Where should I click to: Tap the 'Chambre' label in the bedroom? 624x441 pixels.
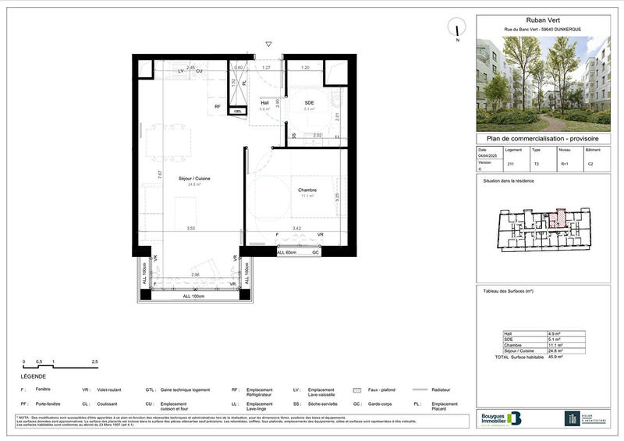pos(306,190)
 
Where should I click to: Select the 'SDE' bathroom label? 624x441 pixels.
pos(309,103)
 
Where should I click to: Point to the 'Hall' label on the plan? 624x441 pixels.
pos(264,103)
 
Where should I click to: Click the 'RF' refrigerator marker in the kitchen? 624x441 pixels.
pos(218,107)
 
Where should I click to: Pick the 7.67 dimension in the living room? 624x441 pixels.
pos(159,175)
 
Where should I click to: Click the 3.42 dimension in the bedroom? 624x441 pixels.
pos(296,228)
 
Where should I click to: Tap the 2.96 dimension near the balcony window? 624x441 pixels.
pos(196,275)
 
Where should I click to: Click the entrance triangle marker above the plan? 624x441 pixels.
pos(268,45)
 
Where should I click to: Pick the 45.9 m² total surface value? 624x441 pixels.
pos(555,357)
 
